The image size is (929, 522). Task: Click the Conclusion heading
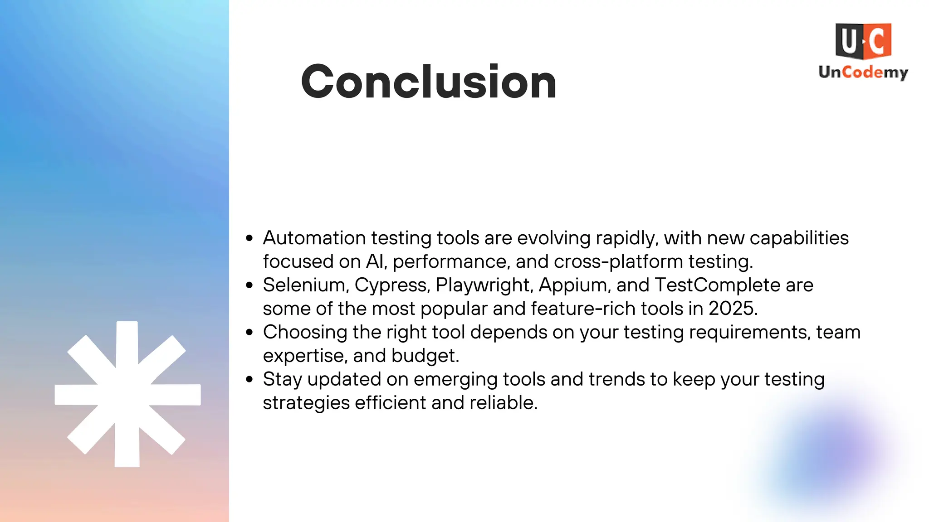coord(429,82)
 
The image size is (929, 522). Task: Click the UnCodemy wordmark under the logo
coord(863,72)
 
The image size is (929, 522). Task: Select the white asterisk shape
coord(127,394)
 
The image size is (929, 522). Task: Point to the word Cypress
coord(391,285)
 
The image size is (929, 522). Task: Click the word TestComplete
coord(718,285)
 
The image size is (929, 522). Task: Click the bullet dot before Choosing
coord(249,332)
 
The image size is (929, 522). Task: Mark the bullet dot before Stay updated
coord(249,379)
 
